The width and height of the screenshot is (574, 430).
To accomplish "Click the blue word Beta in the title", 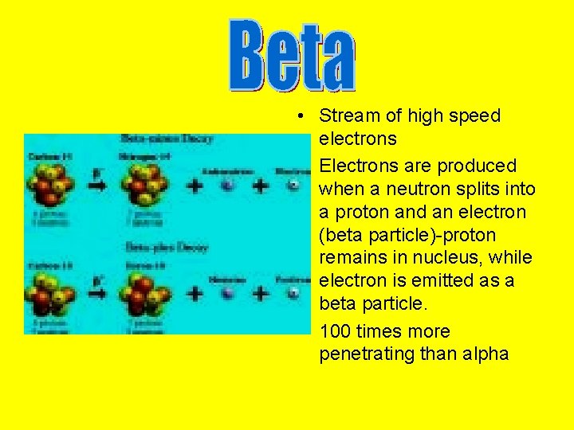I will click(292, 54).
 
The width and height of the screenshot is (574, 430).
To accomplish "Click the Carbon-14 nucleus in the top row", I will click(49, 184).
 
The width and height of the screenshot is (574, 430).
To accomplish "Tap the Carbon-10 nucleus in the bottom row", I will click(49, 292).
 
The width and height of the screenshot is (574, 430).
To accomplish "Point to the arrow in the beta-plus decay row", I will click(96, 293).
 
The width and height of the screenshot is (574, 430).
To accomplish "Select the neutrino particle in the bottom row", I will click(228, 293).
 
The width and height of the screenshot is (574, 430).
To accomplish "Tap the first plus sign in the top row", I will click(194, 186).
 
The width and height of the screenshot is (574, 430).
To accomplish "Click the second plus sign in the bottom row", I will click(261, 293).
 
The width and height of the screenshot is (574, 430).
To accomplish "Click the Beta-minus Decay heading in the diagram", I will click(167, 139).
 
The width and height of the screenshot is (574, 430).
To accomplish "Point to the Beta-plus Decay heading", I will click(167, 248).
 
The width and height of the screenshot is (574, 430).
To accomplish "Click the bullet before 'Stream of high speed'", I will click(296, 116).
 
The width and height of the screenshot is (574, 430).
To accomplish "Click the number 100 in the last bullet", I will click(335, 331).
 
